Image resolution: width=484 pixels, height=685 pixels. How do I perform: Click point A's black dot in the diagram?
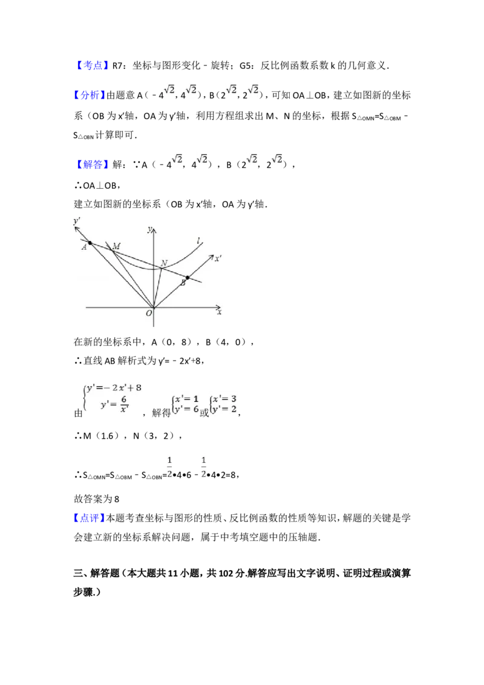pos(90,242)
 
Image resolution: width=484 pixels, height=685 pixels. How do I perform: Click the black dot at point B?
pos(188,277)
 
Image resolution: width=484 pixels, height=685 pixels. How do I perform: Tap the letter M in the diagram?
pos(116,246)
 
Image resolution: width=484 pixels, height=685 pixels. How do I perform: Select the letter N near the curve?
pos(164,263)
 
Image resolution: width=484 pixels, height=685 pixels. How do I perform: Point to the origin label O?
pos(148,313)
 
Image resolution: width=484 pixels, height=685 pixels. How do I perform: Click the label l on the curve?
pos(199,242)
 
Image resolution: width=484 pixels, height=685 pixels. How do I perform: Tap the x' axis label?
pos(218,258)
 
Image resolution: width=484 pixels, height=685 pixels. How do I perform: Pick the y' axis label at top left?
pos(77,221)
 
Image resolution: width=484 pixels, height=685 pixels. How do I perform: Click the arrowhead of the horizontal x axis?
pos(218,308)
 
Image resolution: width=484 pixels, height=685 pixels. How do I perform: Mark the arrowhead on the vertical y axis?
pos(154,229)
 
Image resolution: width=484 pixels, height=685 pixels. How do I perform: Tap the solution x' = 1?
pos(186,398)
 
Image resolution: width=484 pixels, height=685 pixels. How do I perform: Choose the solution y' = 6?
pos(186,409)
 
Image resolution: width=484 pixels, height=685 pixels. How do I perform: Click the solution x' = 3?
pos(225,398)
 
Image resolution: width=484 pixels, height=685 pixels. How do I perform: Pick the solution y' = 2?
pos(225,409)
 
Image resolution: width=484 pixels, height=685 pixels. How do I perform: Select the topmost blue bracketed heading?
pos(94,65)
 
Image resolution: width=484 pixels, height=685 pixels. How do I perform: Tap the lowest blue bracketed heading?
pos(90,518)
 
